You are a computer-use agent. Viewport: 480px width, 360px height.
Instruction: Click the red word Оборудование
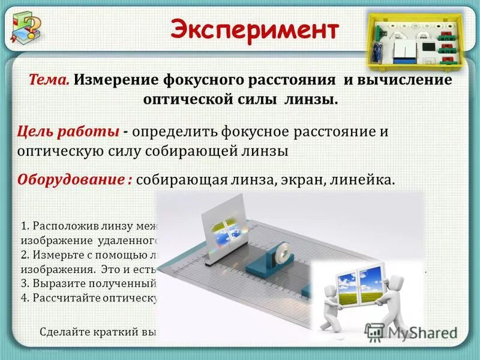point(70,179)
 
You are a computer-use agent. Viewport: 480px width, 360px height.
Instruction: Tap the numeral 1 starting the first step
point(23,227)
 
